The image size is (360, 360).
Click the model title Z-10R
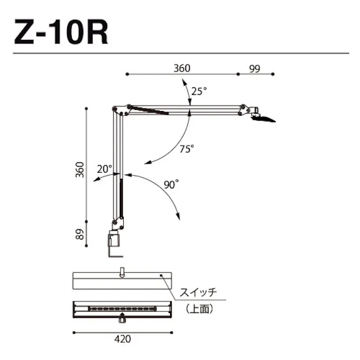pyautogui.click(x=61, y=32)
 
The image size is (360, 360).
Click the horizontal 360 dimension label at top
pyautogui.click(x=182, y=69)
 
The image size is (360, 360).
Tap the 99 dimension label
pyautogui.click(x=254, y=69)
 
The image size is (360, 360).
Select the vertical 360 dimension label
pyautogui.click(x=80, y=170)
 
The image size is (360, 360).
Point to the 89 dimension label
pyautogui.click(x=80, y=234)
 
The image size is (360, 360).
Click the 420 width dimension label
pyautogui.click(x=123, y=339)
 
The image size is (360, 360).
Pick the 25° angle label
pyautogui.click(x=199, y=91)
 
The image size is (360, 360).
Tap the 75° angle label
pyautogui.click(x=186, y=149)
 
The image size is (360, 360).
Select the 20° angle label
pyautogui.click(x=105, y=169)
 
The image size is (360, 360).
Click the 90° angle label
pyautogui.click(x=171, y=184)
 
